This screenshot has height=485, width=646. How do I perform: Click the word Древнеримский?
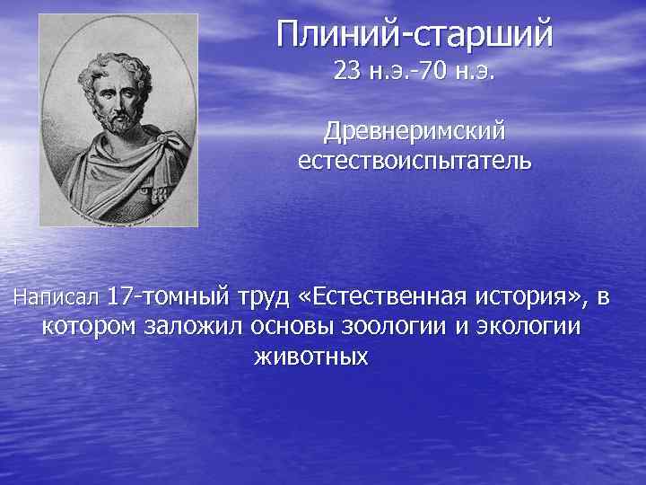click(x=415, y=132)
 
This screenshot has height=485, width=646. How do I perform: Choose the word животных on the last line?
click(x=311, y=357)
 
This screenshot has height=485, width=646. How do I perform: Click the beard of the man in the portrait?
click(x=121, y=119)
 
